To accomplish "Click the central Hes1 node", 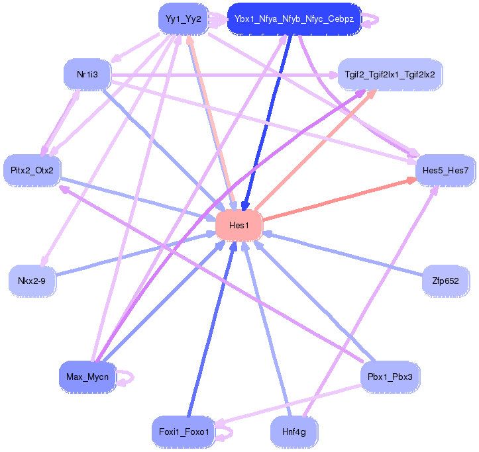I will pyautogui.click(x=239, y=226).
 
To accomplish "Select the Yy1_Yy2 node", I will pyautogui.click(x=184, y=19).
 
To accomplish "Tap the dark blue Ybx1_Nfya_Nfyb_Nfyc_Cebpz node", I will pyautogui.click(x=293, y=19).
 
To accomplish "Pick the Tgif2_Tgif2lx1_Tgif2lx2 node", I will pyautogui.click(x=390, y=74).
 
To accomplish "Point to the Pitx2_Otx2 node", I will pyautogui.click(x=32, y=171).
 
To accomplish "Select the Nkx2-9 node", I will pyautogui.click(x=32, y=281).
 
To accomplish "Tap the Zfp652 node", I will pyautogui.click(x=445, y=281).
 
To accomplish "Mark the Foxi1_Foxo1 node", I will pyautogui.click(x=184, y=433).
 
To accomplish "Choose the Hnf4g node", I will pyautogui.click(x=293, y=433).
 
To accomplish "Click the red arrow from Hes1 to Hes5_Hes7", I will pyautogui.click(x=338, y=199).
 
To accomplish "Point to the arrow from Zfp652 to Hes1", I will pyautogui.click(x=345, y=255).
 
